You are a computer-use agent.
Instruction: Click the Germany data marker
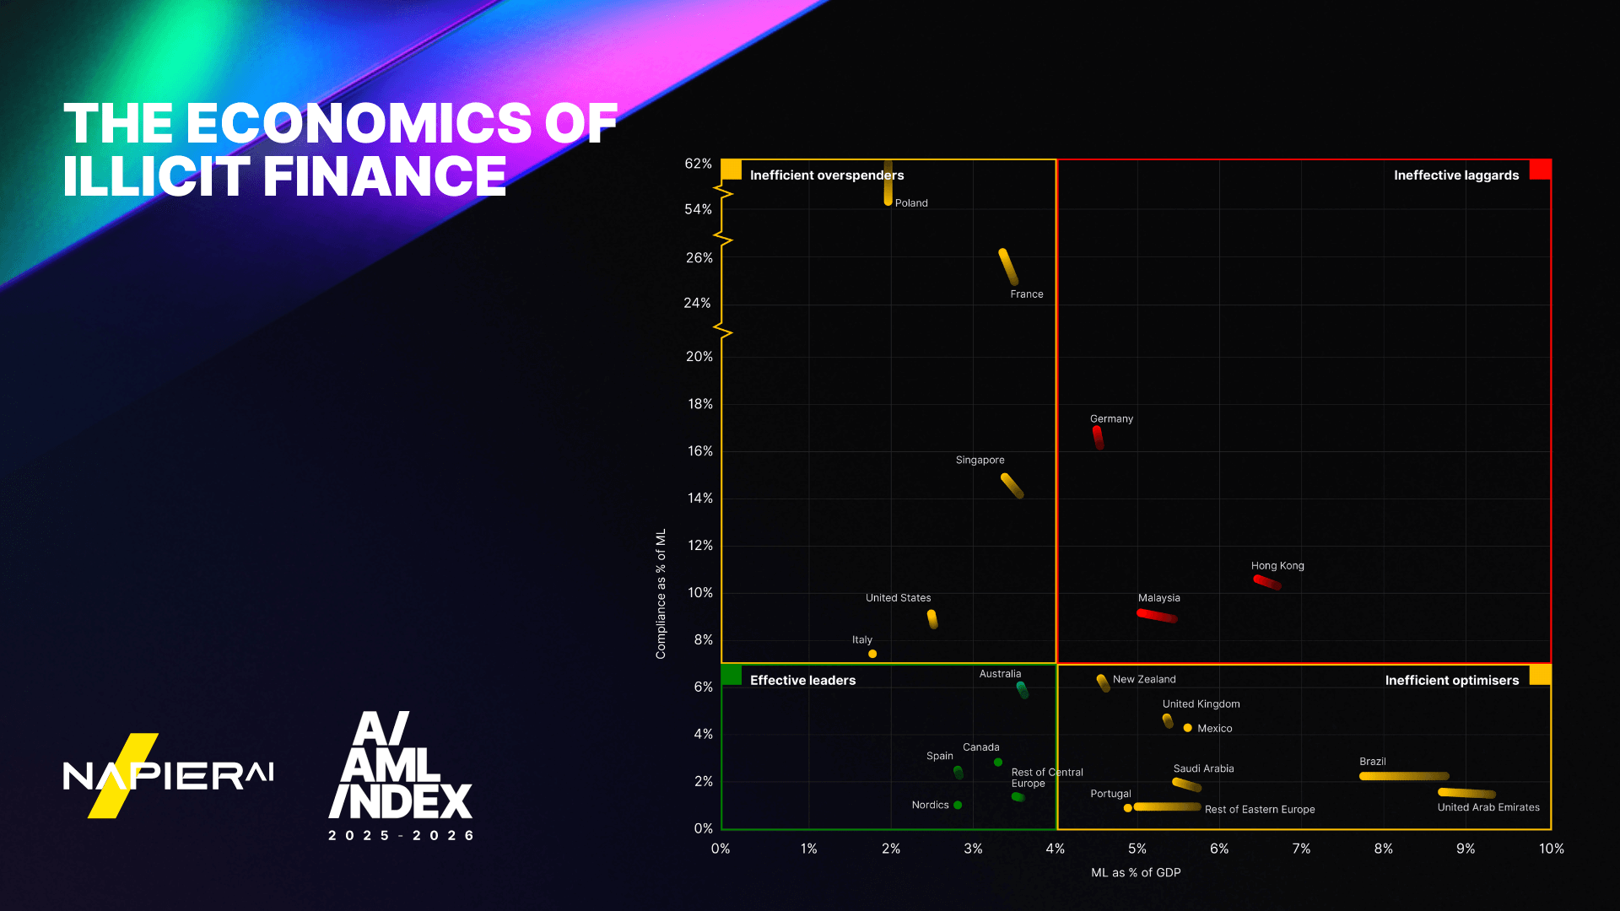[x=1098, y=437]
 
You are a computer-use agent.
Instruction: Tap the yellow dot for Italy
[x=872, y=654]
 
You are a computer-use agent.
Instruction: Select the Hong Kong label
[x=1277, y=566]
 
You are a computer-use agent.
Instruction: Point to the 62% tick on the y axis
[x=698, y=164]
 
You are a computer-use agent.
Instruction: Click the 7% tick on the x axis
[x=1301, y=849]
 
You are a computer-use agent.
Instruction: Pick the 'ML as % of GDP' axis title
[x=1136, y=872]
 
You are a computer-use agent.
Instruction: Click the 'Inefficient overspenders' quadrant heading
[x=826, y=175]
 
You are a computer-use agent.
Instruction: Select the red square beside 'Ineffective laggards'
[x=1541, y=170]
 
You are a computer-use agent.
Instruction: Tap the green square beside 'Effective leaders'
[x=732, y=675]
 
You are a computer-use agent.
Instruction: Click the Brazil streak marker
[x=1404, y=776]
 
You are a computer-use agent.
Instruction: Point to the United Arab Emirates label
[x=1488, y=807]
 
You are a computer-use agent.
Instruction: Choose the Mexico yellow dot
[x=1187, y=728]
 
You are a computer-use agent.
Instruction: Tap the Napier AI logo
[x=168, y=775]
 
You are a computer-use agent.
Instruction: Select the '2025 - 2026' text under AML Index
[x=401, y=835]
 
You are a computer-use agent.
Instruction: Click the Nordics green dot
[x=958, y=805]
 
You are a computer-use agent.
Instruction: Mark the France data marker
[x=1008, y=267]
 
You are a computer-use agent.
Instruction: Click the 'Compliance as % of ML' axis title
[x=661, y=594]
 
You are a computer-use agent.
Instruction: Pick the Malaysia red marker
[x=1157, y=616]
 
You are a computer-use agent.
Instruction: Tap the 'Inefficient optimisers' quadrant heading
[x=1451, y=681]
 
